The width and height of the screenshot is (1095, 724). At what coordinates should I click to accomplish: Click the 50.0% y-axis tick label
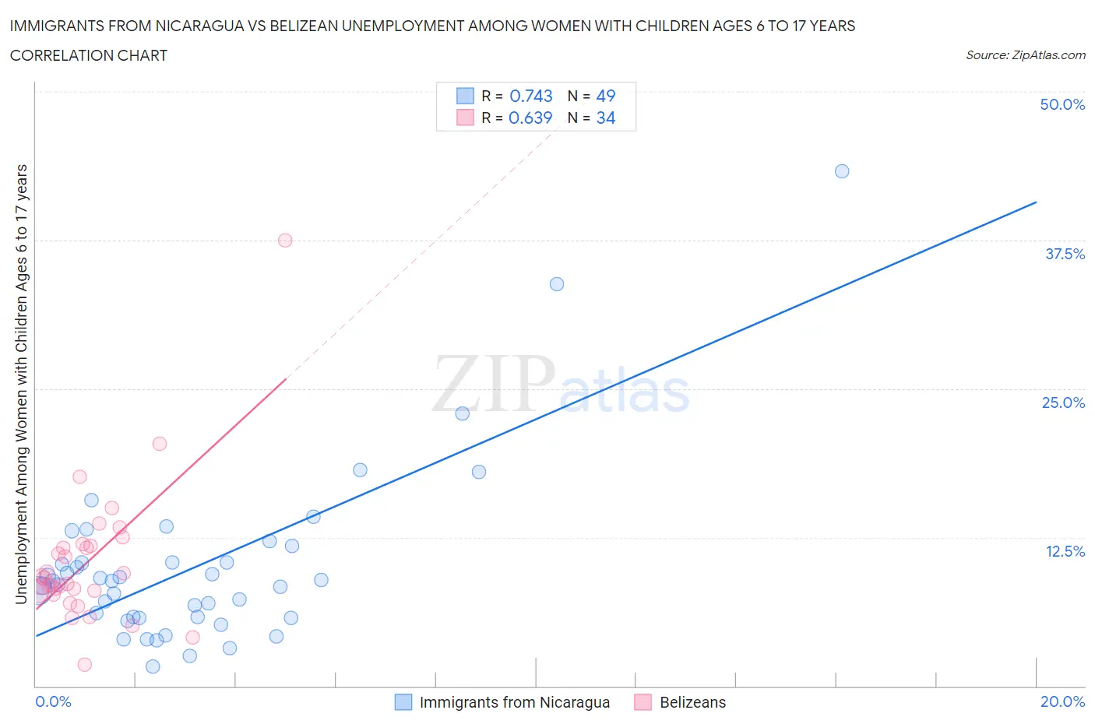1062,104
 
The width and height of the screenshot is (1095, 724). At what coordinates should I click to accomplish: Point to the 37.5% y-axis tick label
1065,254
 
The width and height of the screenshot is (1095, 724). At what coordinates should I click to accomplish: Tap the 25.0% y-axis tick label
1063,402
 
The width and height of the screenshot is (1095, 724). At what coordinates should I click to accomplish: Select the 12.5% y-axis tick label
1065,551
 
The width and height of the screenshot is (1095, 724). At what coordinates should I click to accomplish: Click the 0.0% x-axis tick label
53,701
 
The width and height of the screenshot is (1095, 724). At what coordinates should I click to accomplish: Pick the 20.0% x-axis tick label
1062,701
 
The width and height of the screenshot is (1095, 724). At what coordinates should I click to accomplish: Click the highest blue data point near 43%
842,171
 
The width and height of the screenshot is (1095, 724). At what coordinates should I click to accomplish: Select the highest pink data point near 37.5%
285,241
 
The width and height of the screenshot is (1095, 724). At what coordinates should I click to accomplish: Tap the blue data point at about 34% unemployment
557,284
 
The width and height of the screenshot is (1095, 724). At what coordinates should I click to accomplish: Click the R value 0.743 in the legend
530,96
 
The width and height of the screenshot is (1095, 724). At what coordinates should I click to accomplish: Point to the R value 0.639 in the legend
530,118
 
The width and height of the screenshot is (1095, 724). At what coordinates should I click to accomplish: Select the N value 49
605,96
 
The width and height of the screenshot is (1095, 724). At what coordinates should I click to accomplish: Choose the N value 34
605,118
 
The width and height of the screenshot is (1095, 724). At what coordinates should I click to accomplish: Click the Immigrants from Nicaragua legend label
514,702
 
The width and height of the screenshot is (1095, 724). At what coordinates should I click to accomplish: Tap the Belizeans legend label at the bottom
692,702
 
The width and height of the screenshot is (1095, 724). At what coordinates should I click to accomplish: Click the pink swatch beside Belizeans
643,702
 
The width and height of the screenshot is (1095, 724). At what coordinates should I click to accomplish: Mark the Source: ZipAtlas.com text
1025,54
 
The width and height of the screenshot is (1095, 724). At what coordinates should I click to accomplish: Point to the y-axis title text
21,384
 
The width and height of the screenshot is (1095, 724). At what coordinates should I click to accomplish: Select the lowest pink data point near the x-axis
85,664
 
